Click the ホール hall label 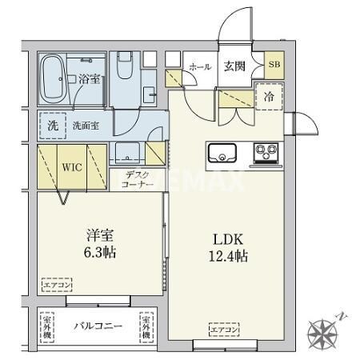pos(199,67)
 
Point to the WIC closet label pos(73,169)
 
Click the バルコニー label pos(98,327)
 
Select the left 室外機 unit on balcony pos(47,326)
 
